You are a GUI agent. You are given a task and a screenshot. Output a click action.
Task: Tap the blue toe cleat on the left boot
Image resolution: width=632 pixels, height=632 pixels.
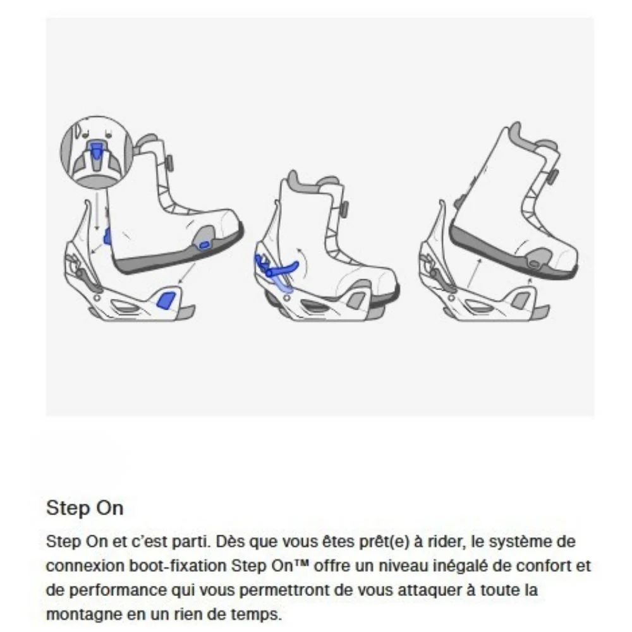(204, 244)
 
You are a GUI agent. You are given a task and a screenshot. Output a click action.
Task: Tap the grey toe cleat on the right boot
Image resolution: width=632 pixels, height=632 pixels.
(535, 258)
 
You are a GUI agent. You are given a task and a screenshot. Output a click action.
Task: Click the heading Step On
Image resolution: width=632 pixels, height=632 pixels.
(85, 508)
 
